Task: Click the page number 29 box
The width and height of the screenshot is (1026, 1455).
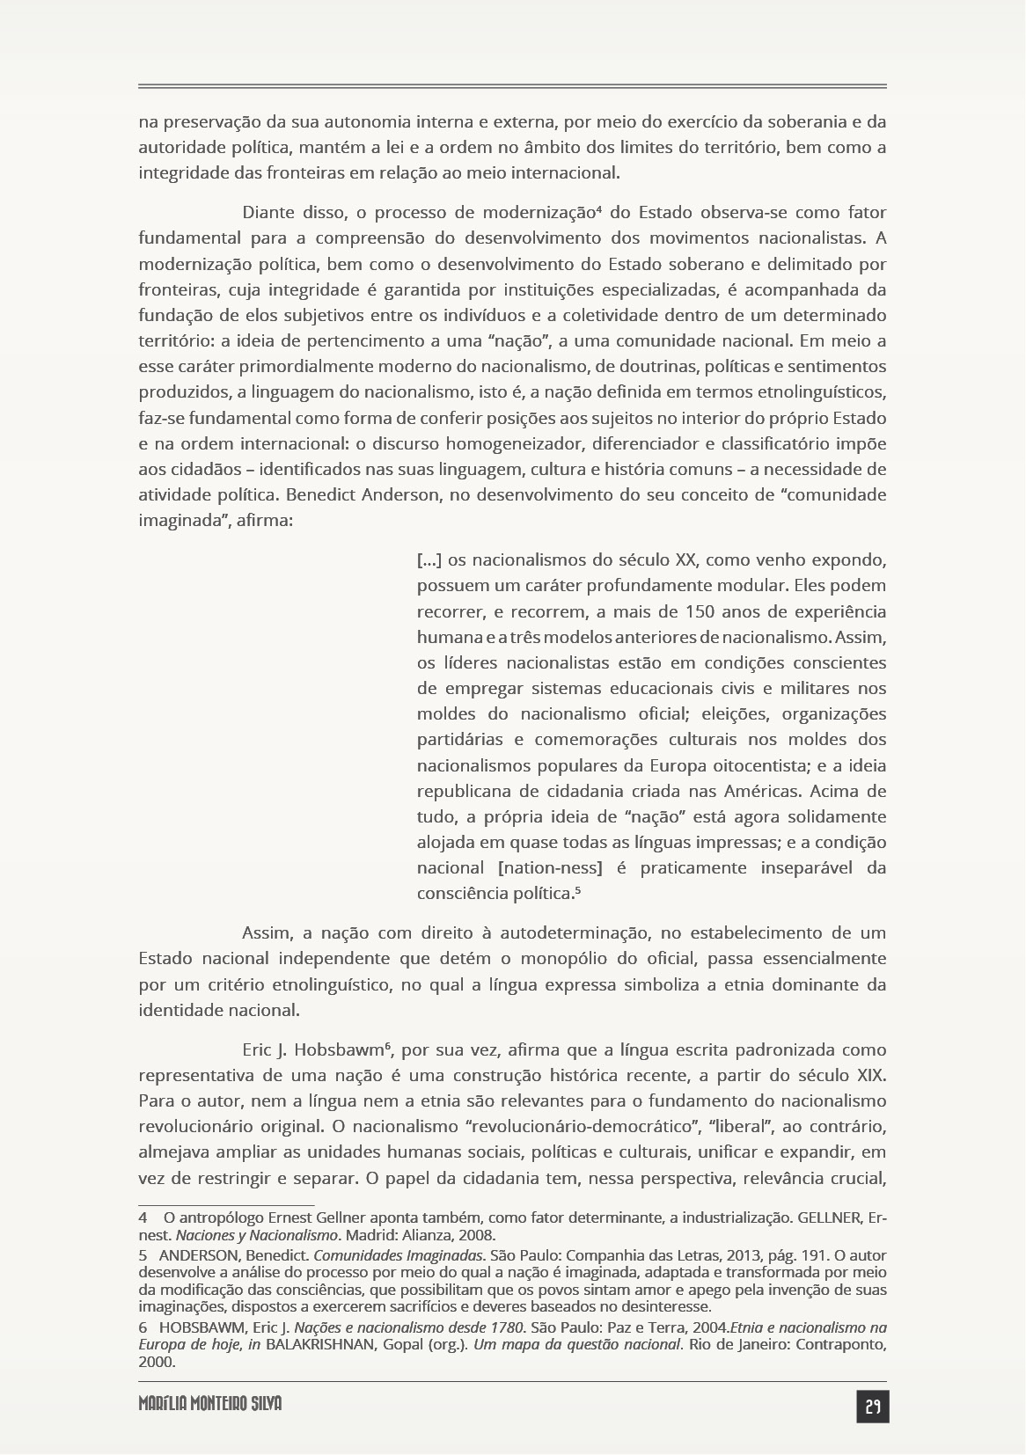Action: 872,1407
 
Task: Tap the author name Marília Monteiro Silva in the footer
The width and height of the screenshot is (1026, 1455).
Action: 209,1404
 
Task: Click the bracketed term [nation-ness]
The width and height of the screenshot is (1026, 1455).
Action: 550,868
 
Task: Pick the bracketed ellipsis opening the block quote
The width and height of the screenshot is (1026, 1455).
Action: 429,560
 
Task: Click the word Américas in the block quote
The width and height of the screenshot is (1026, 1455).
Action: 761,791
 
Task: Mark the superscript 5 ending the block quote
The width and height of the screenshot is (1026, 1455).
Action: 578,889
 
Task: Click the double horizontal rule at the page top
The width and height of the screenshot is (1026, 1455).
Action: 512,86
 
